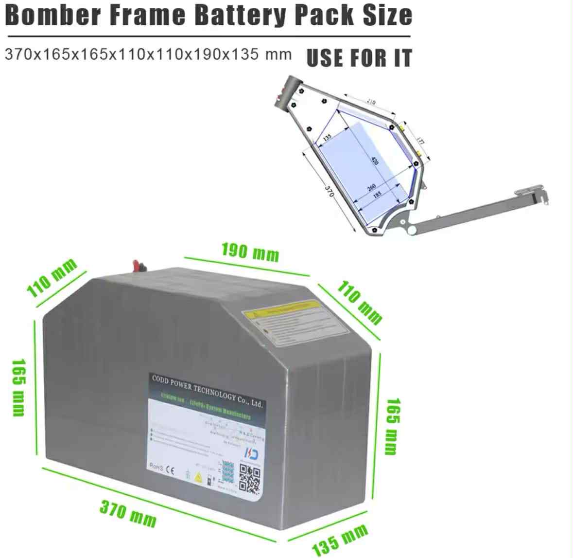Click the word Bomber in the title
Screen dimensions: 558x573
[x=53, y=16]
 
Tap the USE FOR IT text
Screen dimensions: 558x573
[x=359, y=58]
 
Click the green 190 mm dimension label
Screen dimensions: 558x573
[x=250, y=252]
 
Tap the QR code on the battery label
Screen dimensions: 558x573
[x=250, y=479]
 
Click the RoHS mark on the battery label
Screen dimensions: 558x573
[x=156, y=467]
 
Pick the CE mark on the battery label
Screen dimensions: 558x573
[x=170, y=470]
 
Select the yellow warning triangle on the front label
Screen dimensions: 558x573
[x=198, y=477]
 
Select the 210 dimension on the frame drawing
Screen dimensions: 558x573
[x=371, y=103]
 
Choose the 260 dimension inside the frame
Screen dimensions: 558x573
[x=371, y=187]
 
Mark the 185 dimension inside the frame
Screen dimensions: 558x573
[x=377, y=194]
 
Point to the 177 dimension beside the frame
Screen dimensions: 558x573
[x=420, y=142]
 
